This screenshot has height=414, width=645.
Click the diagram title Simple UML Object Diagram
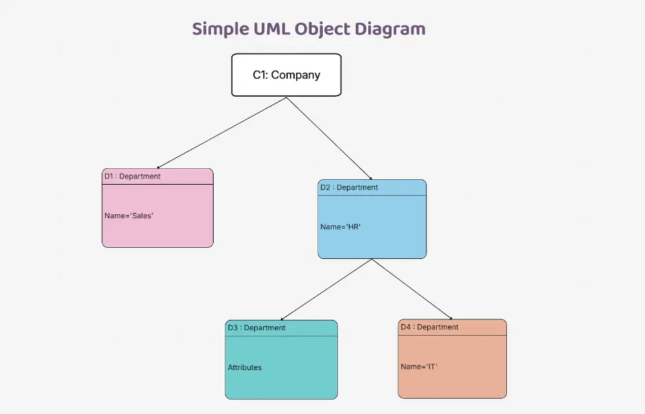[308, 29]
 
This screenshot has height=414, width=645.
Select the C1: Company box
[286, 75]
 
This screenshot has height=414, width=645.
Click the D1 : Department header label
[133, 176]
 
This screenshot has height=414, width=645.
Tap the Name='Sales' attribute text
[129, 216]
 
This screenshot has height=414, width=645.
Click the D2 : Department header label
[349, 187]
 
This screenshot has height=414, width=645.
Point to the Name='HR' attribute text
[341, 227]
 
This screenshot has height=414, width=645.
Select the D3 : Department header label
[256, 328]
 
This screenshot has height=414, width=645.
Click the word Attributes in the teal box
[245, 367]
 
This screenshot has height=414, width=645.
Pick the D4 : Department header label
[429, 327]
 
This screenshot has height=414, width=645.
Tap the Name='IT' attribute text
[419, 367]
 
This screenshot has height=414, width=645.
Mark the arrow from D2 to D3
[326, 289]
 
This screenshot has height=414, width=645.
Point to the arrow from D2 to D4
[412, 289]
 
